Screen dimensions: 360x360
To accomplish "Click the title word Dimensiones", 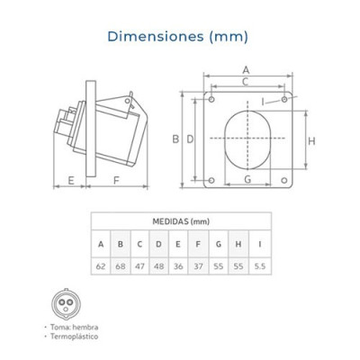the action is coord(156,36).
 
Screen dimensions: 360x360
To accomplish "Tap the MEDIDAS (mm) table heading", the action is coord(181,221).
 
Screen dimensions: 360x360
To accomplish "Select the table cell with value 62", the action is coord(101,266).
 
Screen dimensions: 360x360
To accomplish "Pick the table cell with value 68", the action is coord(121,266).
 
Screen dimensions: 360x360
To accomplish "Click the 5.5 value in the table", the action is coord(260,266).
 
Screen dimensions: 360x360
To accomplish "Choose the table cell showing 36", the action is coord(178,266).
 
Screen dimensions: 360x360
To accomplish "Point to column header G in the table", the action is coord(219,244).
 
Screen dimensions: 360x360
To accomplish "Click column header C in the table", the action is coord(139,244).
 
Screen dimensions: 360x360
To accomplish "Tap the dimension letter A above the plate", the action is coord(246,70).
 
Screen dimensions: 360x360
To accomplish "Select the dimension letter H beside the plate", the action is coord(311,141).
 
